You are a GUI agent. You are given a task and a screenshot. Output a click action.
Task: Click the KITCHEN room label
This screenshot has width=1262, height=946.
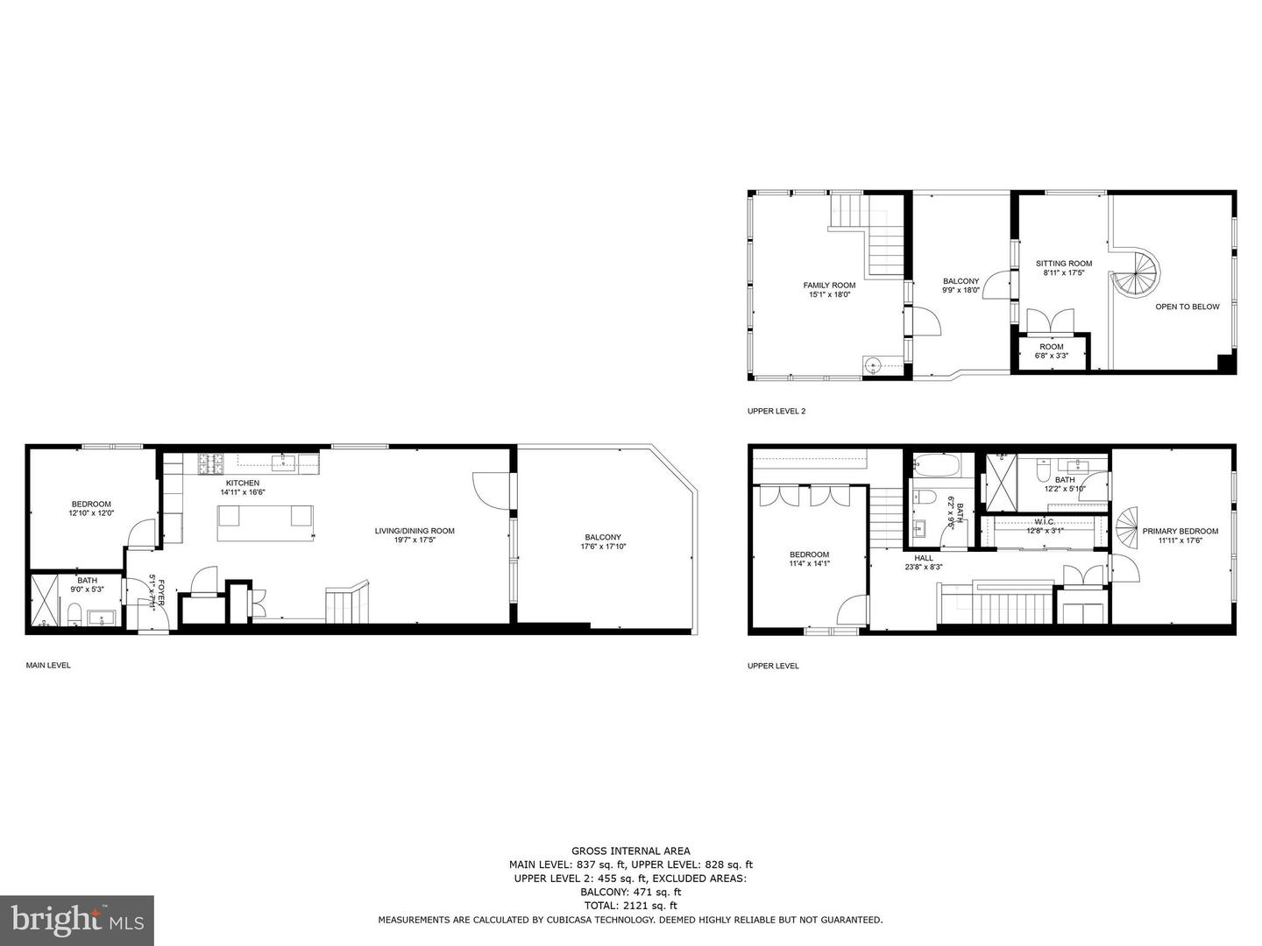(242, 483)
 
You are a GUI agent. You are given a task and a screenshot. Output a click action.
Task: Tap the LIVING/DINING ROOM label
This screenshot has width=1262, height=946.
(415, 531)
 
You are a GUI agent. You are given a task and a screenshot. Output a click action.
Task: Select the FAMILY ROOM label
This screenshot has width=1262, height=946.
(829, 285)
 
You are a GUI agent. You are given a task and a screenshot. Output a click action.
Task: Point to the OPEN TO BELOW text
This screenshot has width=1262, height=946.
(1187, 307)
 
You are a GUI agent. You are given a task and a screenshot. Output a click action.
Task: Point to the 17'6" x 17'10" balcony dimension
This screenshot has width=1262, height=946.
(603, 547)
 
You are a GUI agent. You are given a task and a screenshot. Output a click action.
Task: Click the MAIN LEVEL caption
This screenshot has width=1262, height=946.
(48, 666)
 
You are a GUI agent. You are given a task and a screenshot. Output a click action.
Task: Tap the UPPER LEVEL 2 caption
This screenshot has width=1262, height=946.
(776, 411)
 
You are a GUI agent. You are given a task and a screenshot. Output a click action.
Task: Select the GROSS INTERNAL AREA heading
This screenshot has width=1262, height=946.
(630, 851)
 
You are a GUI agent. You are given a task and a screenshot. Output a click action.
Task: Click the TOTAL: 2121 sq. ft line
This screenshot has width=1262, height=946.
(630, 906)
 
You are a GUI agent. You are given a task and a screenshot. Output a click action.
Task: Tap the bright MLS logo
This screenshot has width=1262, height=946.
(77, 920)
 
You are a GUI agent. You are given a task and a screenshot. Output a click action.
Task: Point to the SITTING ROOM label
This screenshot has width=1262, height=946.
(1064, 264)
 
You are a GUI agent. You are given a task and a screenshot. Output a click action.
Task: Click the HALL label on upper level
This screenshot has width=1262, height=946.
(924, 558)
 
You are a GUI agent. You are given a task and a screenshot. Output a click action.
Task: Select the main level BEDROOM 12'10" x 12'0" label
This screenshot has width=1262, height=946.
(91, 504)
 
